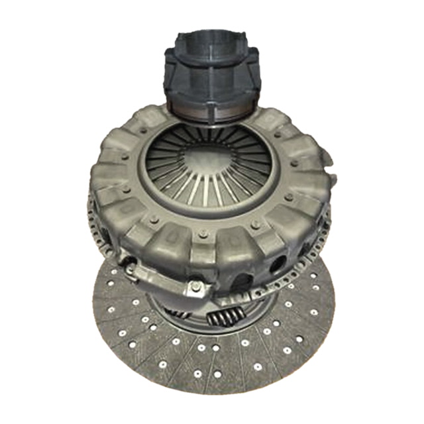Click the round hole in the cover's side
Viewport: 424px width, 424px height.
pyautogui.click(x=276, y=264)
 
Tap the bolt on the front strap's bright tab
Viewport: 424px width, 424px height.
pyautogui.click(x=197, y=286)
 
